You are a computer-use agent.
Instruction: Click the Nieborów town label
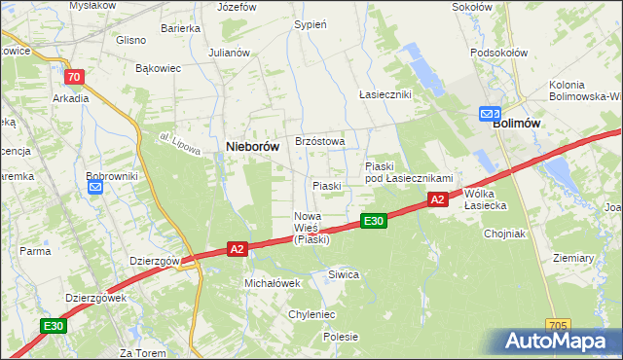point(253,146)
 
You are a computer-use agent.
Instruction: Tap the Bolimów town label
point(517,124)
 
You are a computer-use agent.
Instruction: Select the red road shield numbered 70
point(73,76)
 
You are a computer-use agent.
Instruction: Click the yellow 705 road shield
point(558,325)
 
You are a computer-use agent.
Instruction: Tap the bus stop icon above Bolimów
point(489,114)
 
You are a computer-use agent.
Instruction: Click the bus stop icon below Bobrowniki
point(95,188)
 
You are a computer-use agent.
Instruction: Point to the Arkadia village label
point(71,97)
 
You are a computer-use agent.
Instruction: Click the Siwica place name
point(344,274)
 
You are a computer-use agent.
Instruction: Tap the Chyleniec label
point(311,314)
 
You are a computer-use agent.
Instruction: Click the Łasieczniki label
point(385,94)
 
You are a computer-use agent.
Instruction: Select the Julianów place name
point(230,53)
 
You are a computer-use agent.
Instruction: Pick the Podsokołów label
point(498,53)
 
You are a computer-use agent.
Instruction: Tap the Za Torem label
point(139,351)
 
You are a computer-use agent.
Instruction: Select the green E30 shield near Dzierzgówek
point(54,327)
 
